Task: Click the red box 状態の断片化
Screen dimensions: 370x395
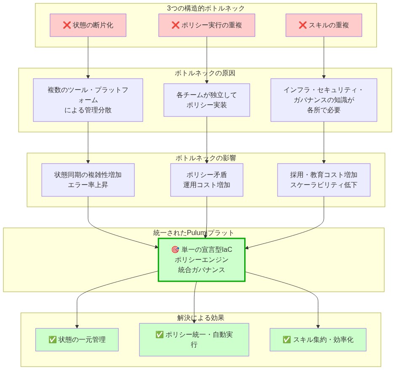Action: pos(88,25)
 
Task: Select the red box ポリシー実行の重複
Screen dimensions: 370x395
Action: pos(207,25)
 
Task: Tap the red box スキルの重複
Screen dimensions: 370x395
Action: pos(323,25)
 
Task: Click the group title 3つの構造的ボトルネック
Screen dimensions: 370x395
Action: pos(206,8)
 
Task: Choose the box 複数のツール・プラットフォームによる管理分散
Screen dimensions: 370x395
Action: pos(88,100)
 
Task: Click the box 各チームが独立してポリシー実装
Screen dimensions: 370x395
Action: pos(207,100)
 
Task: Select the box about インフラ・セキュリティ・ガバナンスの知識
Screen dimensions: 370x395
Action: pos(323,100)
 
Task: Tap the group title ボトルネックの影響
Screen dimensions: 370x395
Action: pos(206,158)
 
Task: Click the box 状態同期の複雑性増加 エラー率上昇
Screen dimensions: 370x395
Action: pos(88,180)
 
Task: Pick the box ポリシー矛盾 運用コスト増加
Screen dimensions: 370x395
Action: pos(207,180)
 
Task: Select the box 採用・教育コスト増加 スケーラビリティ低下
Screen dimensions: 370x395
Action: pos(323,180)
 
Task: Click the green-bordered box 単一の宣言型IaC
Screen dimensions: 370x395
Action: pos(202,260)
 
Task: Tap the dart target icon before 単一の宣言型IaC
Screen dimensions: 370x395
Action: pos(175,250)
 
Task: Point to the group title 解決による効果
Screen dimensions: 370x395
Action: pos(200,318)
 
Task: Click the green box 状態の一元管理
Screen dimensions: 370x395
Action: pos(77,340)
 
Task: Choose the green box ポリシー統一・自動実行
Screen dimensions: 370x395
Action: pos(194,340)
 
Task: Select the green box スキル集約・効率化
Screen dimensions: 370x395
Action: pos(318,340)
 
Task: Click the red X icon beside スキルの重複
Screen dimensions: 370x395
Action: pos(302,25)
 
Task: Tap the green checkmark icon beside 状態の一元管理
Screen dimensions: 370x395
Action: pos(53,340)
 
